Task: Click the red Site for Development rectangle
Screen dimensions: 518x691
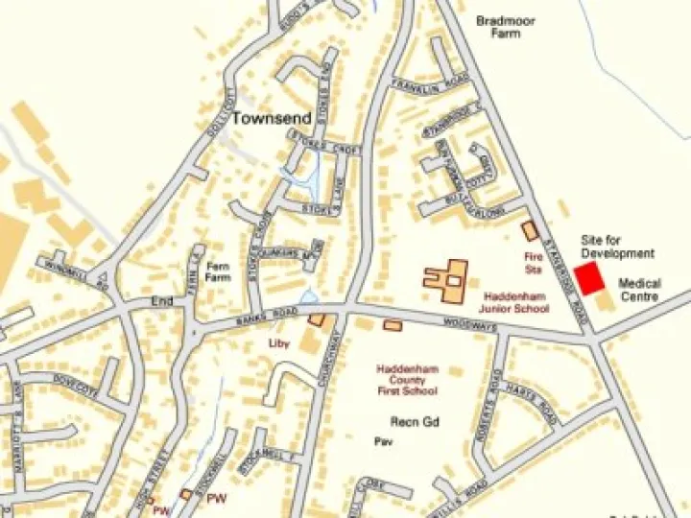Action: pyautogui.click(x=589, y=278)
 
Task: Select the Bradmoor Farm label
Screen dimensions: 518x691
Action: pyautogui.click(x=506, y=27)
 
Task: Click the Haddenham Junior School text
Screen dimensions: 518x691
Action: pyautogui.click(x=516, y=303)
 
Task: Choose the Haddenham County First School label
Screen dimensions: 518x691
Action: pyautogui.click(x=407, y=380)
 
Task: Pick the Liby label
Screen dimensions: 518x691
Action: pyautogui.click(x=278, y=341)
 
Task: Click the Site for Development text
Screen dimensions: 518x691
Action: pyautogui.click(x=618, y=247)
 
